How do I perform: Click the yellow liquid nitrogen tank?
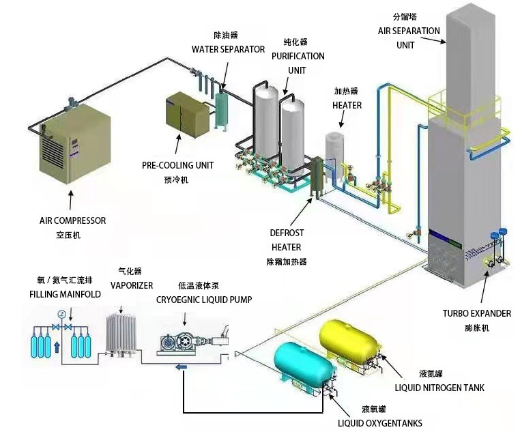[x=347, y=341]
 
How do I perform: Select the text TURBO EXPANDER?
[x=476, y=314]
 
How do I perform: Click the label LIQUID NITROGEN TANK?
[x=439, y=388]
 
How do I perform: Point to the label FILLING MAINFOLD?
[x=65, y=295]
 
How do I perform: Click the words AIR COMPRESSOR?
[x=72, y=221]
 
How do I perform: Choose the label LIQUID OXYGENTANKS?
[x=380, y=423]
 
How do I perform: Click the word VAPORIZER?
[x=132, y=285]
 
